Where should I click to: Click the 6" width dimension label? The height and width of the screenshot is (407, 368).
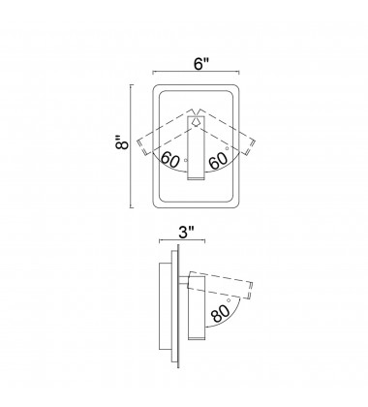201,63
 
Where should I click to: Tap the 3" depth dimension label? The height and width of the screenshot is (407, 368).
187,232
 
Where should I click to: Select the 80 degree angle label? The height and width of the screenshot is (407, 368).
221,313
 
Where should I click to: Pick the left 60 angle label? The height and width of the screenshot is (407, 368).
169,159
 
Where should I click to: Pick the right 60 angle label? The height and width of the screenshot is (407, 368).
218,161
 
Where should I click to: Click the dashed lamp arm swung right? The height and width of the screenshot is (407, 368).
226,132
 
